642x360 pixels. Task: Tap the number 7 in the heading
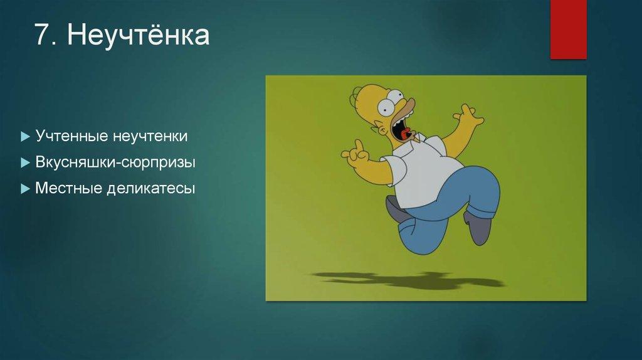point(42,34)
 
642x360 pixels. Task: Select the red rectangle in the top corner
point(568,29)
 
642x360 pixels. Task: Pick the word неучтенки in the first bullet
point(150,135)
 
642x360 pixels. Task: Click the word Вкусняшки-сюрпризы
point(115,162)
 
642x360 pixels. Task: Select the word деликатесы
point(151,188)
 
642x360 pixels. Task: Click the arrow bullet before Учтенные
point(25,136)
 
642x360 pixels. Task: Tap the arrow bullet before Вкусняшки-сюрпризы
point(25,162)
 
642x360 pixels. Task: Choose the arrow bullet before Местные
point(25,189)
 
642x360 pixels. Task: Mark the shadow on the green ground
point(408,279)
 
